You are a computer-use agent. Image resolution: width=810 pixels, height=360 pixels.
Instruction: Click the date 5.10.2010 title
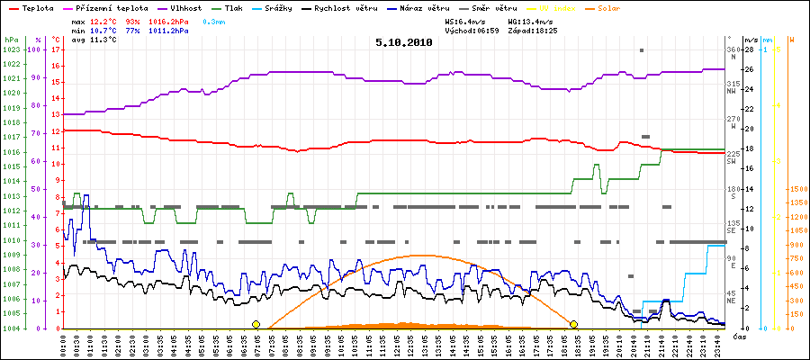coord(404,41)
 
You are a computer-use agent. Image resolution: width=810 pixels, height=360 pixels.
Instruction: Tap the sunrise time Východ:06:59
coord(474,30)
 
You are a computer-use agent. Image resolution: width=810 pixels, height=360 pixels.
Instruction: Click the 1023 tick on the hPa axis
coord(11,49)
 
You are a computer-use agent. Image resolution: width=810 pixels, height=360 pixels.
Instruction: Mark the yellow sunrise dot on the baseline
coord(256,324)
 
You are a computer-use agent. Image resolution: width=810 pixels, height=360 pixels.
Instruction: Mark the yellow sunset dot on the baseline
coord(573,324)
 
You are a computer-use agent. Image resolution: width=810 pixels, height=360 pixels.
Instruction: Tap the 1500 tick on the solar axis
coord(796,189)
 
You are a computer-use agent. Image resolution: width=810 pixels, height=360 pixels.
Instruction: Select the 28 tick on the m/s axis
coord(750,49)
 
